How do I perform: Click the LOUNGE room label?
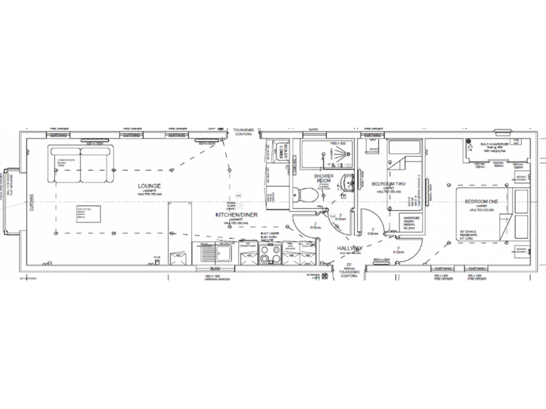pyautogui.click(x=149, y=186)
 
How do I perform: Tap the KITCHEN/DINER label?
pyautogui.click(x=235, y=214)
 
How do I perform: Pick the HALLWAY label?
pyautogui.click(x=351, y=247)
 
